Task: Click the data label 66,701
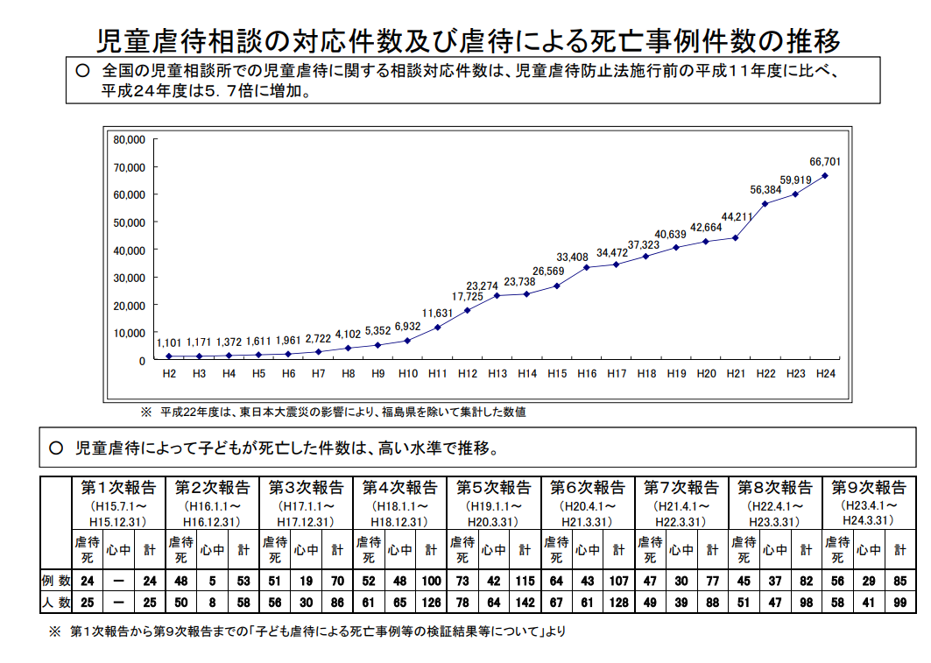825,161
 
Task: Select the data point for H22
765,204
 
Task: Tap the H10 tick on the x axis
407,374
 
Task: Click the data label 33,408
572,257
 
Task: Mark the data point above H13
497,295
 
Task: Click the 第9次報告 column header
869,488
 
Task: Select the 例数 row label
54,581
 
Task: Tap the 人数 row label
54,603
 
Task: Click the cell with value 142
524,603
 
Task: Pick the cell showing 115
524,581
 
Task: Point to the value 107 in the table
617,581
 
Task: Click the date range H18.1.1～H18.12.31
399,513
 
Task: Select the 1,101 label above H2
169,342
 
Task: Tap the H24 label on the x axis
825,374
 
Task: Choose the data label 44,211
737,216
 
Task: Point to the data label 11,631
437,313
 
